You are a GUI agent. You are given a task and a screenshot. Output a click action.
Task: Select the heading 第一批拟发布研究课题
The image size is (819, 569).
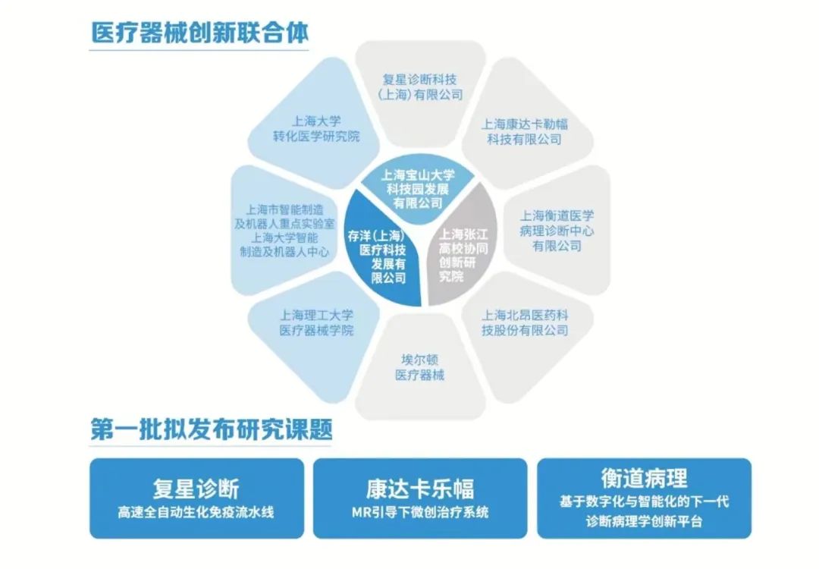tap(212, 430)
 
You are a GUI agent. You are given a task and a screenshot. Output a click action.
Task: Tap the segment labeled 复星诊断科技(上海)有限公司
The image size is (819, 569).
tap(420, 86)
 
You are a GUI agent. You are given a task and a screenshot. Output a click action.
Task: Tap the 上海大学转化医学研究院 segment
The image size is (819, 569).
tap(316, 128)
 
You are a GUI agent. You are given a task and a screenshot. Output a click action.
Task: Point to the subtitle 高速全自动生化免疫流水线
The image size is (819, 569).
tap(196, 512)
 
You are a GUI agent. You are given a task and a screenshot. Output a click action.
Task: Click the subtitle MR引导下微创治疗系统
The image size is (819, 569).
tap(419, 512)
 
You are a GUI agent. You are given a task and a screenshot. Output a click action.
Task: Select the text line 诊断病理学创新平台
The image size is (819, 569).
tap(644, 522)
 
